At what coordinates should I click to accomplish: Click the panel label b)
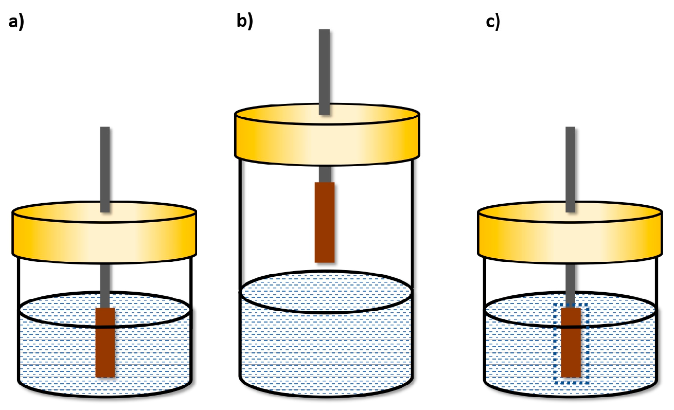[244, 22]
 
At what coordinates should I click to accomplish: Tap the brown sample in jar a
[105, 342]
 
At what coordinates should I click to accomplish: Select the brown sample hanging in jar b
[325, 222]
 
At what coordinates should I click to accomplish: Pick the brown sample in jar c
[571, 342]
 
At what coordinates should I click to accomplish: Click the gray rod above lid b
[324, 72]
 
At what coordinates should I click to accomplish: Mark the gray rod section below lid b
[325, 174]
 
